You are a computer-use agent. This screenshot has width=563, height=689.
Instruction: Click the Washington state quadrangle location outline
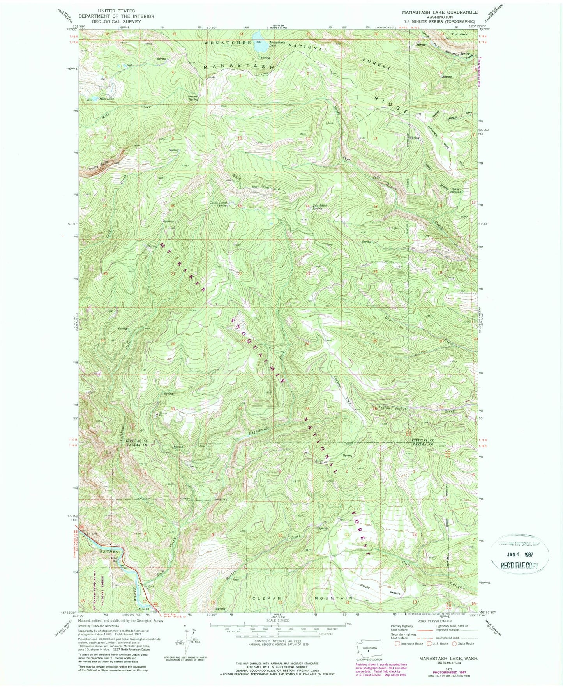368,650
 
